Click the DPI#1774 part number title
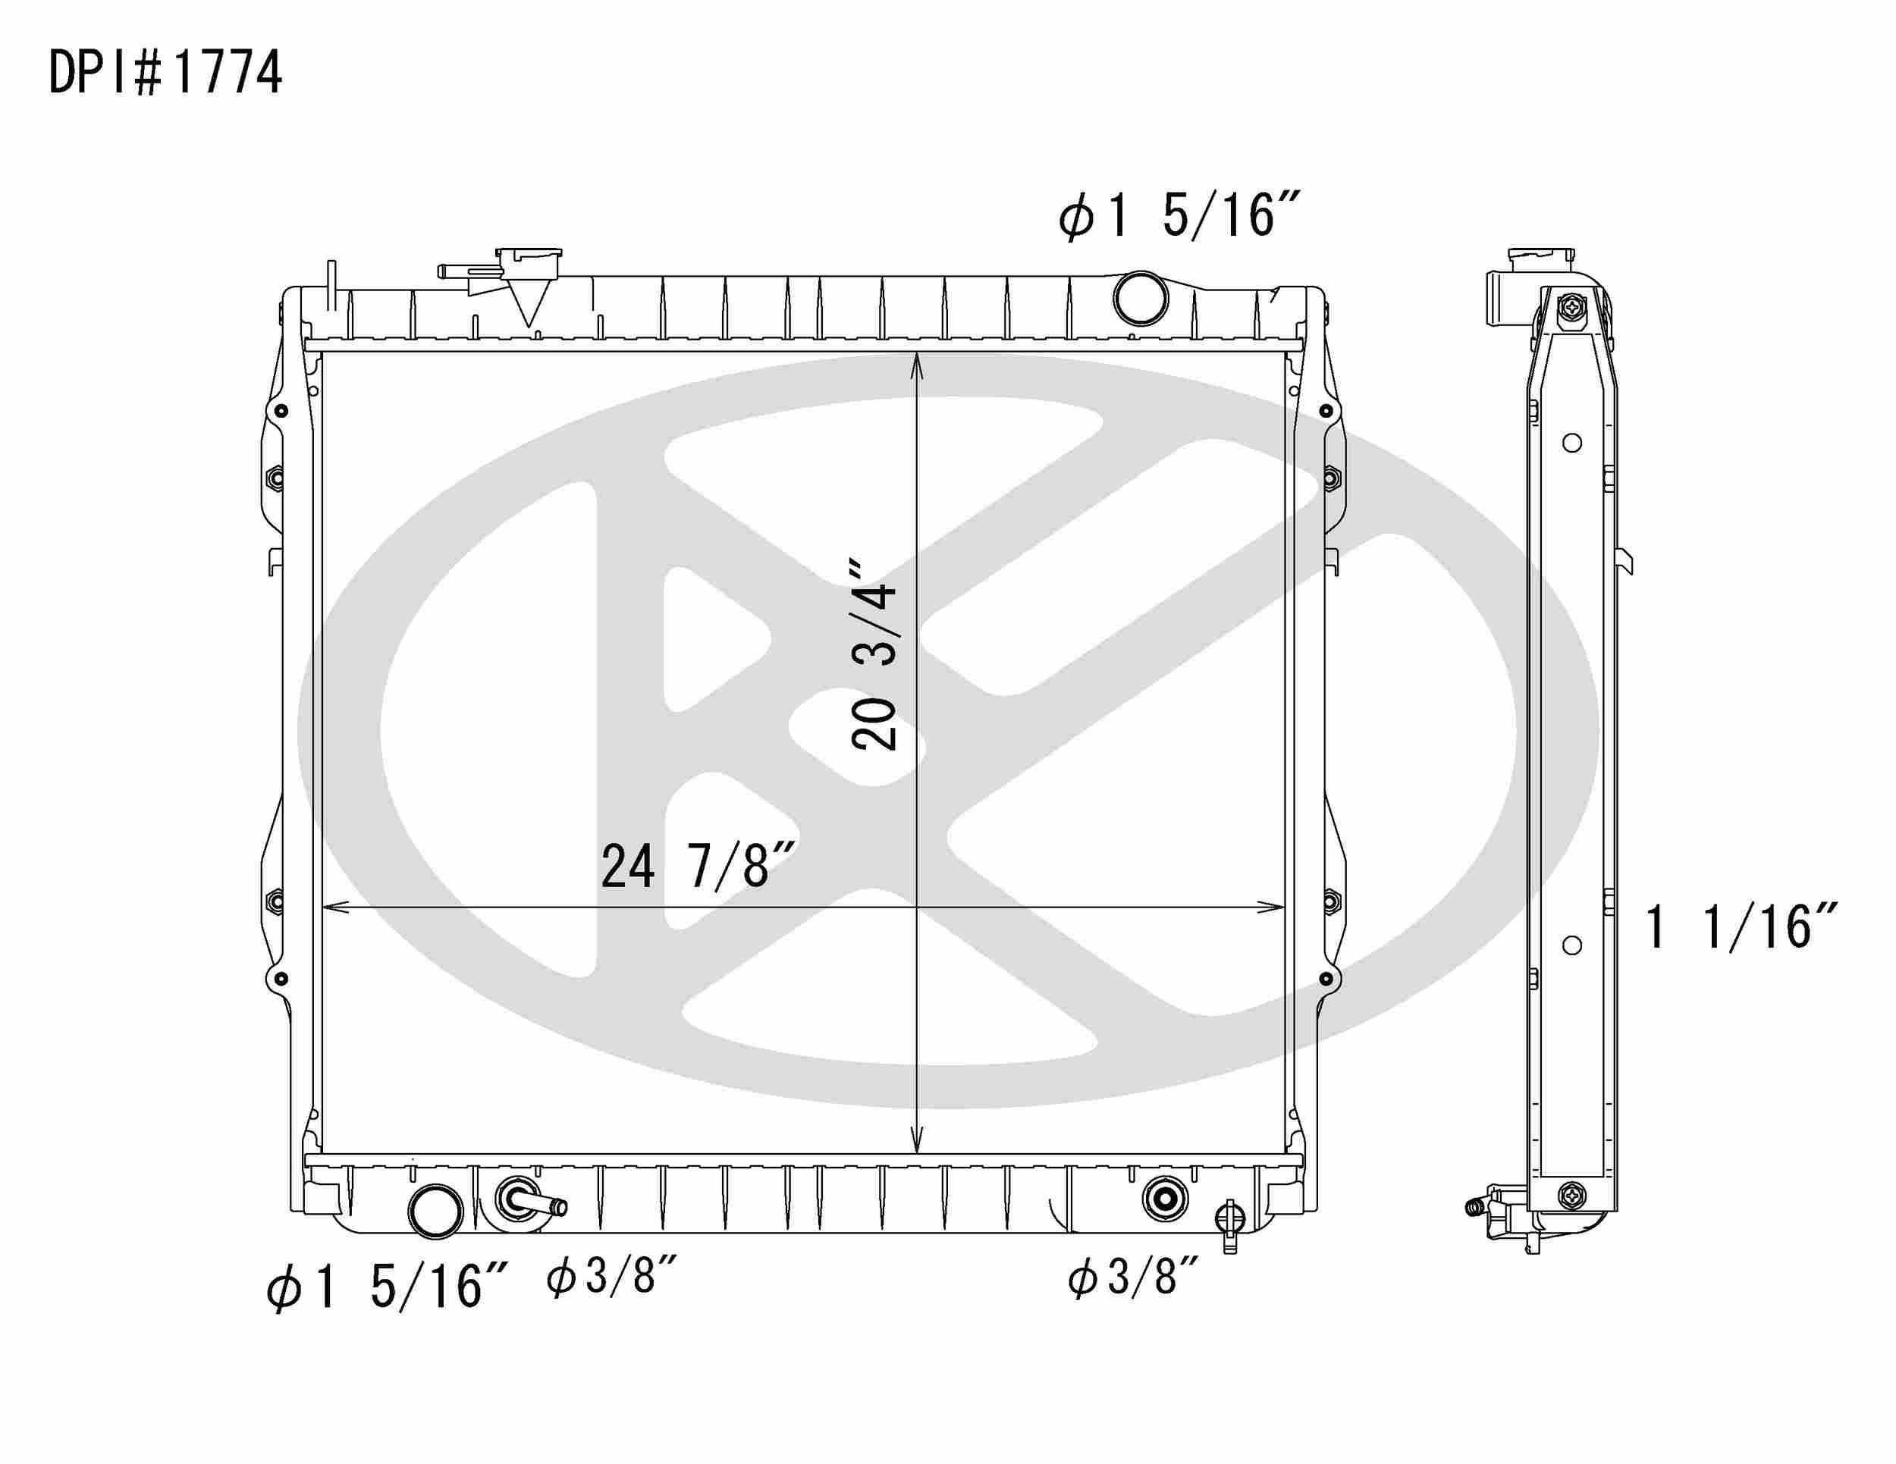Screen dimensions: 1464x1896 (165, 73)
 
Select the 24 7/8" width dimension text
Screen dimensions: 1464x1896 (697, 866)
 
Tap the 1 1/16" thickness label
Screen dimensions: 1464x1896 (1740, 926)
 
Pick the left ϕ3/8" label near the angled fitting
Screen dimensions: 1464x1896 (611, 1276)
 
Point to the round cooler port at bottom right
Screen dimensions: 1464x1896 (1164, 1199)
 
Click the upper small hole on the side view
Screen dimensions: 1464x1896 (1571, 444)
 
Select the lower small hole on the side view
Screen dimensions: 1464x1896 (1571, 945)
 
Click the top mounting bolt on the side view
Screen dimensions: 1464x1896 (1572, 306)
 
